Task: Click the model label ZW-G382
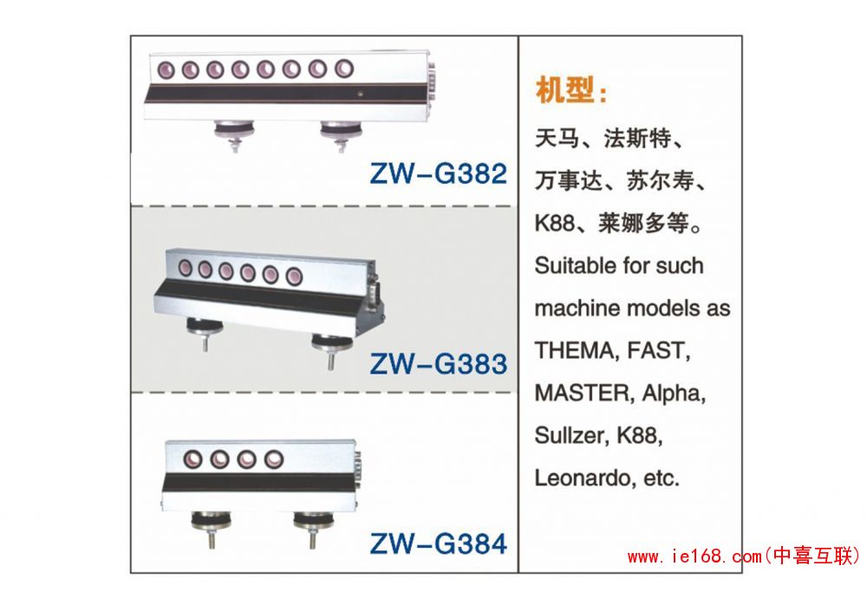438,173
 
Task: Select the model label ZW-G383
439,364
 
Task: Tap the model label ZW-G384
438,543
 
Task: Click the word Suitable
575,266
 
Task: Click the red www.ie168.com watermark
744,556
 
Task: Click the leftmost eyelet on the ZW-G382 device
166,71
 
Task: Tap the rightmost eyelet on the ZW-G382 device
344,68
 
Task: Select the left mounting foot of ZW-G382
235,134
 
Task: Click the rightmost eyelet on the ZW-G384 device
273,459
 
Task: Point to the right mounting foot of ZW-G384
313,527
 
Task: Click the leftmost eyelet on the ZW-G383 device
186,269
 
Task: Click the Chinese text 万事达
569,181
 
